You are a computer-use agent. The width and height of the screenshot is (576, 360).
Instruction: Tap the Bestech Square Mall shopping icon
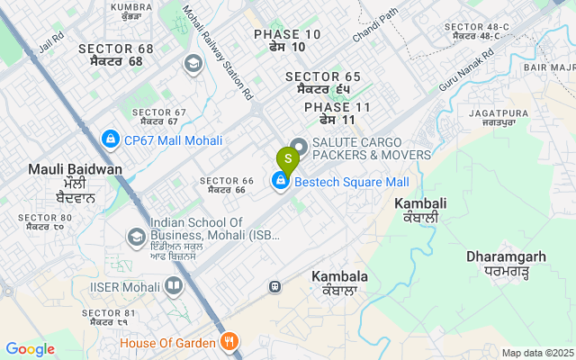(x=280, y=183)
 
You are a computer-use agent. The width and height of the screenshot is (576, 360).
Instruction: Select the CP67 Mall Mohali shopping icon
(x=110, y=139)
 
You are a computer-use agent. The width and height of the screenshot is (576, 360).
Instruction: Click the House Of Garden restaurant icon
(x=229, y=343)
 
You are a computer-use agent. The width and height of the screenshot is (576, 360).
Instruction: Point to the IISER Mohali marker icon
(x=173, y=286)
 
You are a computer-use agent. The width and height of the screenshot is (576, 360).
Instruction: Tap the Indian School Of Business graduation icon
(x=137, y=237)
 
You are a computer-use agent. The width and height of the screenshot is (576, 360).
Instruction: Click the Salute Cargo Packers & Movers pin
(x=298, y=145)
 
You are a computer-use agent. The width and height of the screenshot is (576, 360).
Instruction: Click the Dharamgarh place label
(x=506, y=263)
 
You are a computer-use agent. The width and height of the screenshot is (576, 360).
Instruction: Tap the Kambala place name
(x=339, y=283)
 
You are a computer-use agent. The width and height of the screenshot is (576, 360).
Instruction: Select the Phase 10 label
(x=286, y=40)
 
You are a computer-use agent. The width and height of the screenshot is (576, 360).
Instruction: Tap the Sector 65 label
(x=323, y=83)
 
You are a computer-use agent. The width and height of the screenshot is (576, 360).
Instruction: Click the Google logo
(x=30, y=349)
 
